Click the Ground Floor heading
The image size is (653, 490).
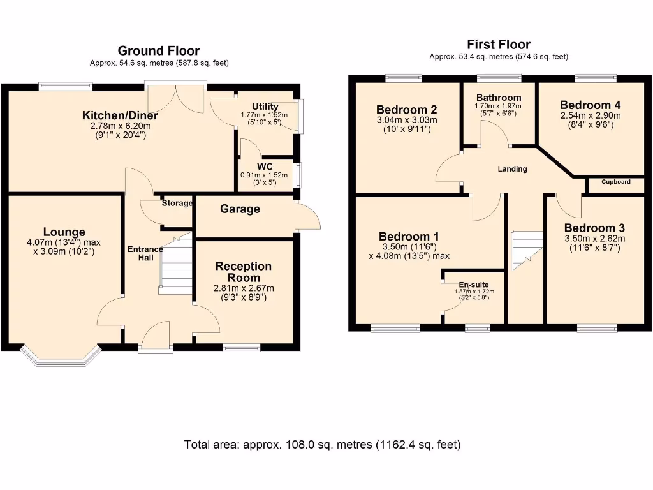[x=159, y=51]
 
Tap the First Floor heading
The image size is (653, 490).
[x=499, y=44]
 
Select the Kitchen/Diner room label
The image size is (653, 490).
[x=120, y=115]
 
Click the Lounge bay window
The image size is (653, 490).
[x=61, y=355]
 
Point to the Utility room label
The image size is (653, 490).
[x=265, y=107]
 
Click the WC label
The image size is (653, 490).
[x=265, y=167]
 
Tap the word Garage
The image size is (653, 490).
[x=240, y=209]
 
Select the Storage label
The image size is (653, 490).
[x=177, y=203]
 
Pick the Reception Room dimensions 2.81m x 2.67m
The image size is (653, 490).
[x=244, y=288]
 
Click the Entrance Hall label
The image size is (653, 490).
[x=145, y=253]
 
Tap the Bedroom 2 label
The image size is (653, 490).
[x=406, y=110]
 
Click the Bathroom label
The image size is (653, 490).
[x=499, y=98]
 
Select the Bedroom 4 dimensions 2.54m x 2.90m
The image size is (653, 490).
[x=591, y=115]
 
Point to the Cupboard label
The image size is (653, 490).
[x=616, y=182]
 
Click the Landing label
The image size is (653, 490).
[x=512, y=168]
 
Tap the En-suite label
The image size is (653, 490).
[x=474, y=285]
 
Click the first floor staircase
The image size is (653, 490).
[x=527, y=251]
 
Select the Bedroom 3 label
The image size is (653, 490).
[x=595, y=228]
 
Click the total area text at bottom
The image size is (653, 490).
[x=322, y=445]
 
